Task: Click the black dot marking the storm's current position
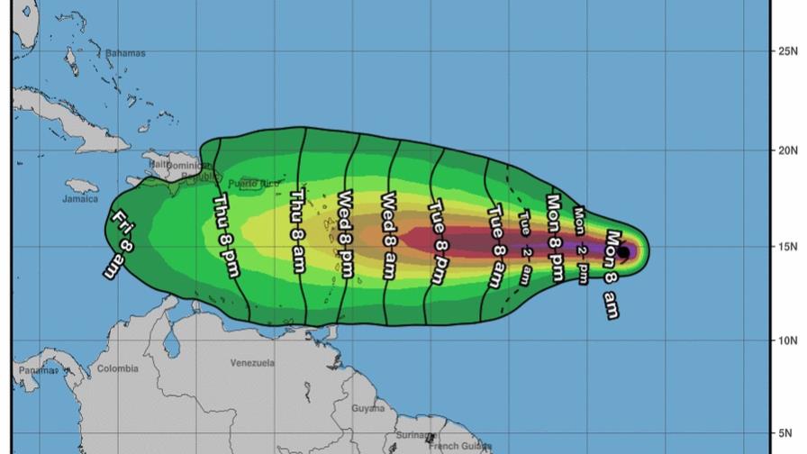pyautogui.click(x=623, y=252)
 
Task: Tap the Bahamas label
pyautogui.click(x=125, y=53)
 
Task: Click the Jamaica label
pyautogui.click(x=80, y=199)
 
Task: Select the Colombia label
pyautogui.click(x=118, y=368)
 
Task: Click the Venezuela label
pyautogui.click(x=252, y=363)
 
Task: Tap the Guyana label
pyautogui.click(x=367, y=408)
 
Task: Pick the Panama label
pyautogui.click(x=36, y=370)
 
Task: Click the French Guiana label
pyautogui.click(x=460, y=446)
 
